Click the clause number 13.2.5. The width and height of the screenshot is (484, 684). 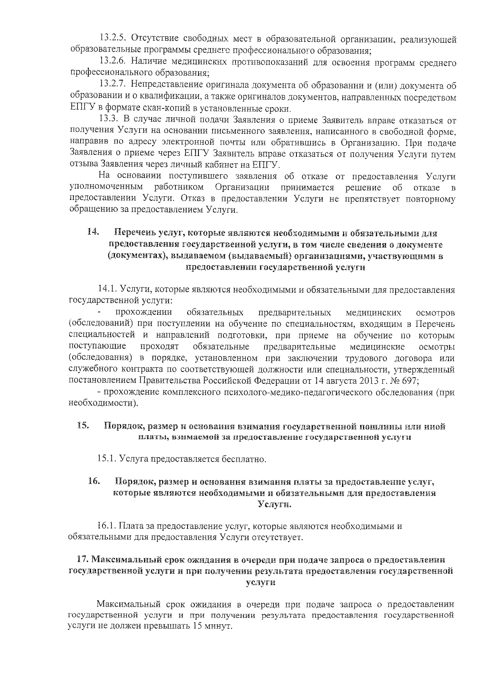point(112,40)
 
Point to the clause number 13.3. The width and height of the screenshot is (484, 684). point(108,120)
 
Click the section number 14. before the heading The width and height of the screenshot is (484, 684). point(93,233)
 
